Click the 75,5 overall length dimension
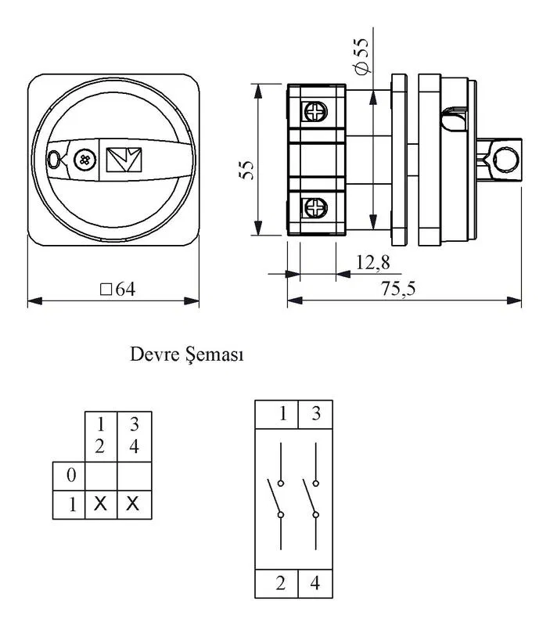tap(398, 288)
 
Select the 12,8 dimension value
tap(372, 263)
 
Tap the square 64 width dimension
tap(117, 289)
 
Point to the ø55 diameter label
tap(361, 56)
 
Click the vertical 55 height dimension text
tap(246, 171)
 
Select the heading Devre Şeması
tap(187, 354)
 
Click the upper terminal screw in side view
tap(316, 111)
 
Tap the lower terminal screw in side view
tap(316, 207)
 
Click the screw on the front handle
tap(84, 160)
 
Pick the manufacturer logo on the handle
tap(124, 160)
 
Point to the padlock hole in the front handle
tap(52, 160)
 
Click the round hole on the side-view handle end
tap(505, 160)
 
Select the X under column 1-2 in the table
tap(100, 504)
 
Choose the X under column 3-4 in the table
tap(132, 504)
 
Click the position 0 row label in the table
tap(71, 475)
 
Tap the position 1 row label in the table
tap(72, 505)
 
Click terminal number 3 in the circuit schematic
tap(316, 413)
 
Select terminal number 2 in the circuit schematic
tap(281, 583)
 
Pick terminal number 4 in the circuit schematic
tap(315, 583)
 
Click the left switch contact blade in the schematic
tap(274, 497)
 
